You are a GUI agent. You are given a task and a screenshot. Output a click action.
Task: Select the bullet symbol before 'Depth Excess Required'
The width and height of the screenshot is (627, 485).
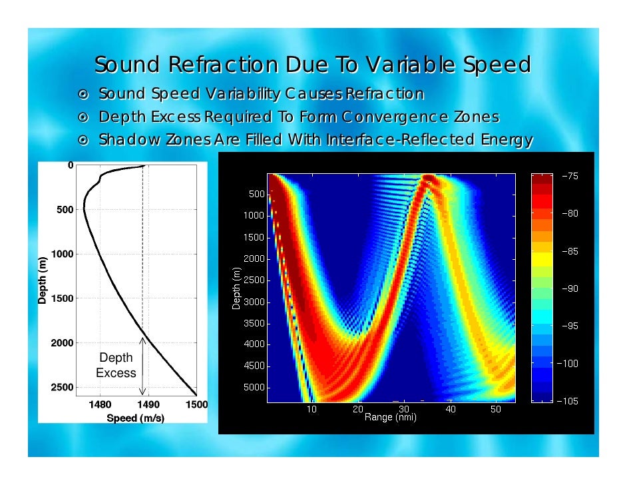click(x=85, y=117)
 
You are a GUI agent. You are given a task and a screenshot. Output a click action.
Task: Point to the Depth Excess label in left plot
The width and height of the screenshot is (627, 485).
click(x=116, y=366)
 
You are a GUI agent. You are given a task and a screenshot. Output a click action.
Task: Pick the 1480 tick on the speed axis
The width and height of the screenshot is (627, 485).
click(x=99, y=404)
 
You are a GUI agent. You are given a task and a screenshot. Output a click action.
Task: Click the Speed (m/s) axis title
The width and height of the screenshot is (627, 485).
click(x=136, y=418)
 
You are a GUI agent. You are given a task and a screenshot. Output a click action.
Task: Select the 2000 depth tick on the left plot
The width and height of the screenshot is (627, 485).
click(x=61, y=342)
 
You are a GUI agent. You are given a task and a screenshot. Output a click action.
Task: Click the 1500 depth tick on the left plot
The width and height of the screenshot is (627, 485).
click(x=61, y=298)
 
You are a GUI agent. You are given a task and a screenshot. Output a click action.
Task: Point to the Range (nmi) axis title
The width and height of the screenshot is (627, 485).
click(x=390, y=418)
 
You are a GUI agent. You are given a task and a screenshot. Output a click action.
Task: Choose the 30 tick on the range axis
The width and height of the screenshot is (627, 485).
click(x=404, y=409)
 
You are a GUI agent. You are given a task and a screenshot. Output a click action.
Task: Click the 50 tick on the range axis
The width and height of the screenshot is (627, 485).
click(x=496, y=409)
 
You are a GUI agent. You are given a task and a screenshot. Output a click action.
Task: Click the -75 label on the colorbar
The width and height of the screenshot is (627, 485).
click(x=570, y=177)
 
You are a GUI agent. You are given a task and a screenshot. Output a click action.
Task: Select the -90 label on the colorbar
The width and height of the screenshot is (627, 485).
click(x=570, y=289)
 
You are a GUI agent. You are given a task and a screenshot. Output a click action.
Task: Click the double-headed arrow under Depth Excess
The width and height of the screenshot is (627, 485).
click(x=142, y=366)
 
